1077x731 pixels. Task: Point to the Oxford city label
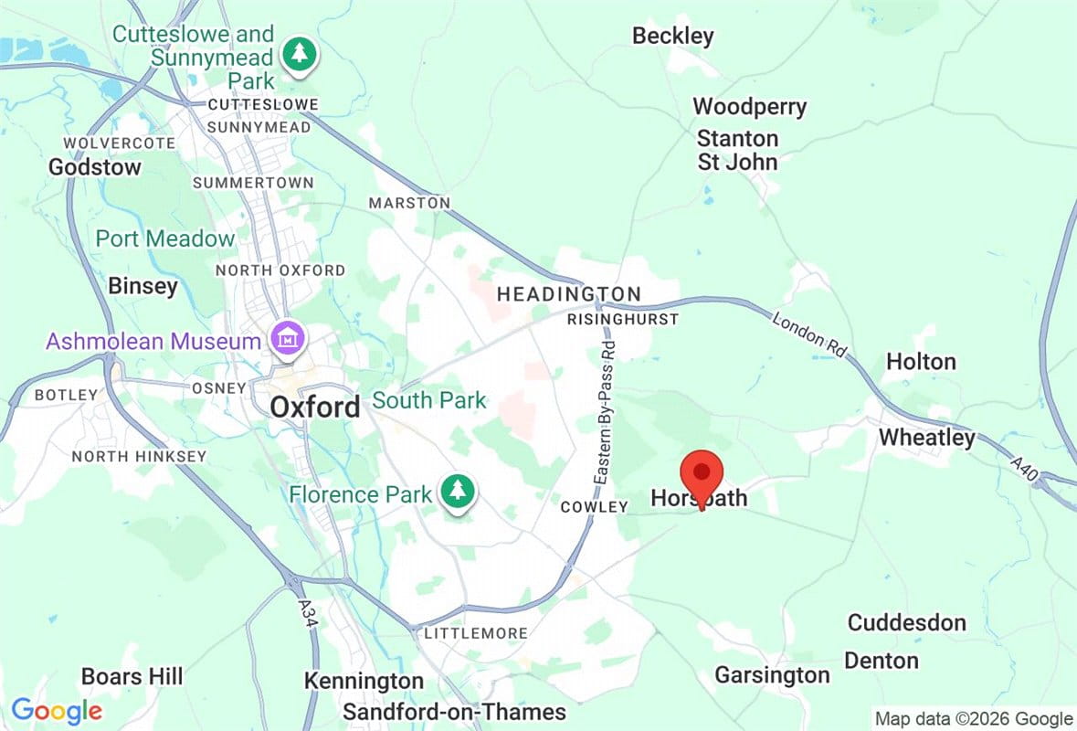tap(314, 408)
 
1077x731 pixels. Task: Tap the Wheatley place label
tap(926, 438)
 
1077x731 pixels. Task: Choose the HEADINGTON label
tap(568, 294)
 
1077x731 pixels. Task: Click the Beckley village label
tap(673, 37)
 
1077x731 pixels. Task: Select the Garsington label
tap(772, 675)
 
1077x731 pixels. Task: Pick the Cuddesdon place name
tap(906, 623)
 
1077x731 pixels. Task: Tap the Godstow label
tap(95, 167)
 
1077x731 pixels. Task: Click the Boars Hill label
tap(132, 677)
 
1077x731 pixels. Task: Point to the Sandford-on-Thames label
tap(454, 712)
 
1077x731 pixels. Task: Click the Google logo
tap(57, 710)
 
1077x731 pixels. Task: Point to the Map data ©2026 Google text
tap(973, 719)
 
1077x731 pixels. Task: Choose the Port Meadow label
tap(165, 239)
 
